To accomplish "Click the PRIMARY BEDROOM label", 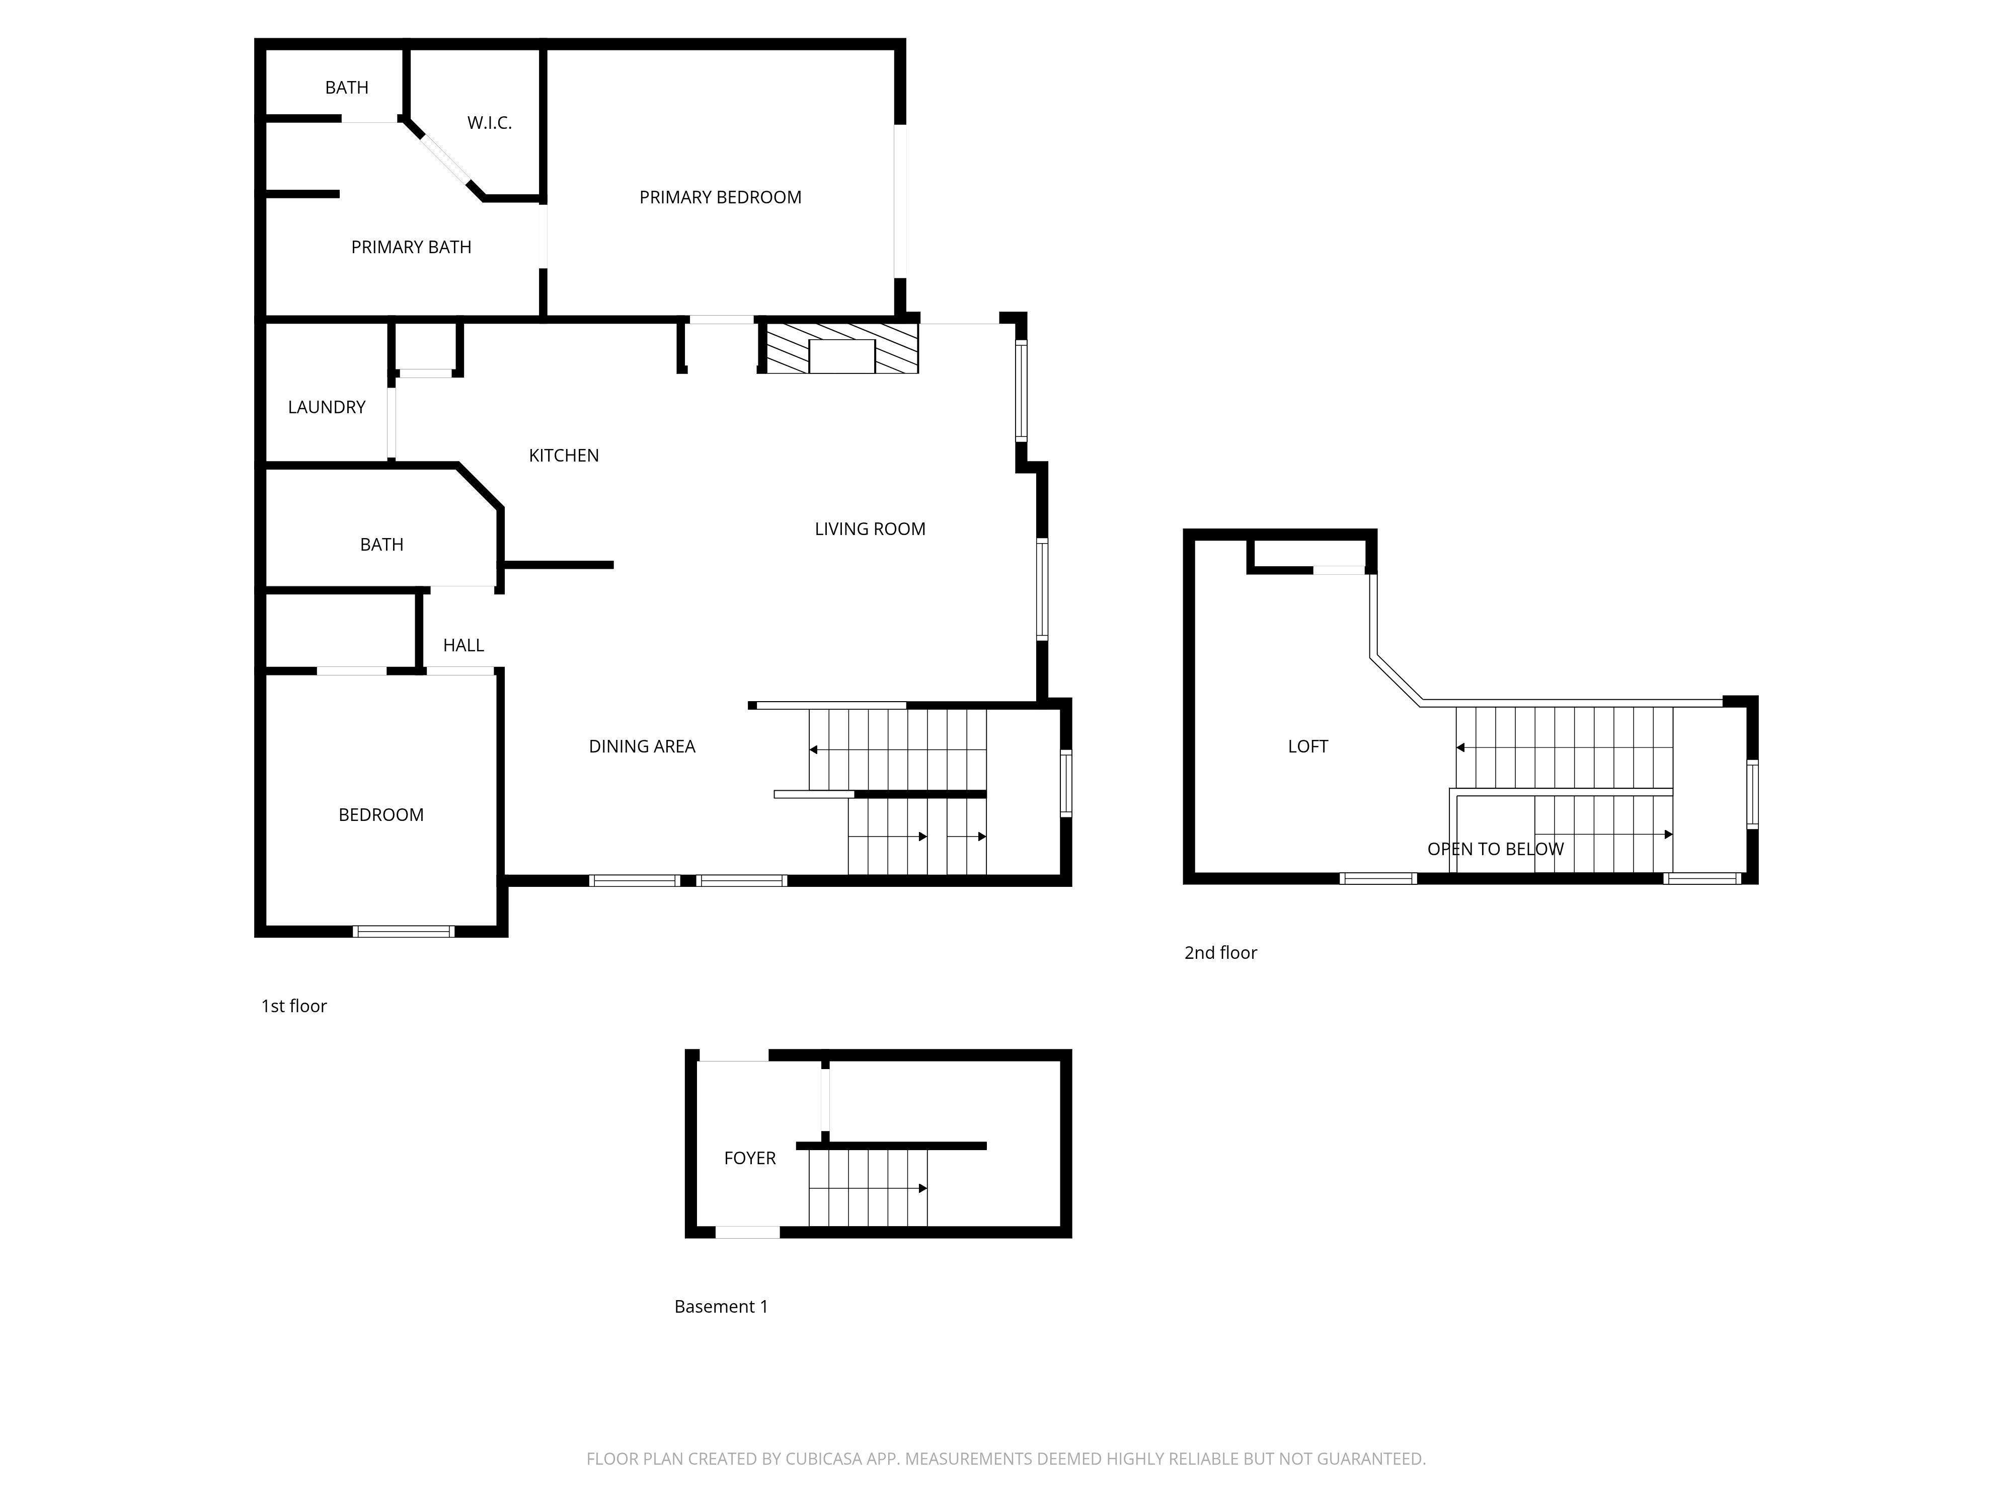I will click(720, 197).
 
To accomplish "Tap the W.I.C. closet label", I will click(490, 123).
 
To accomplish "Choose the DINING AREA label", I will click(642, 746).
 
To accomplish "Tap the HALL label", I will click(463, 645).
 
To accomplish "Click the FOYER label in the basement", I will click(750, 1158).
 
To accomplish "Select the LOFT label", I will click(1308, 746).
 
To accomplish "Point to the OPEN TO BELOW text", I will click(1495, 849).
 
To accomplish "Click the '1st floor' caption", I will click(294, 1006).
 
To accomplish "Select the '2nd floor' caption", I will click(1220, 953).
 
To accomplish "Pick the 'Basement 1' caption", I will click(721, 1307).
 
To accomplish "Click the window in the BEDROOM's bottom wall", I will click(403, 931).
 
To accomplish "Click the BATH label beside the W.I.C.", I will click(347, 88).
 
